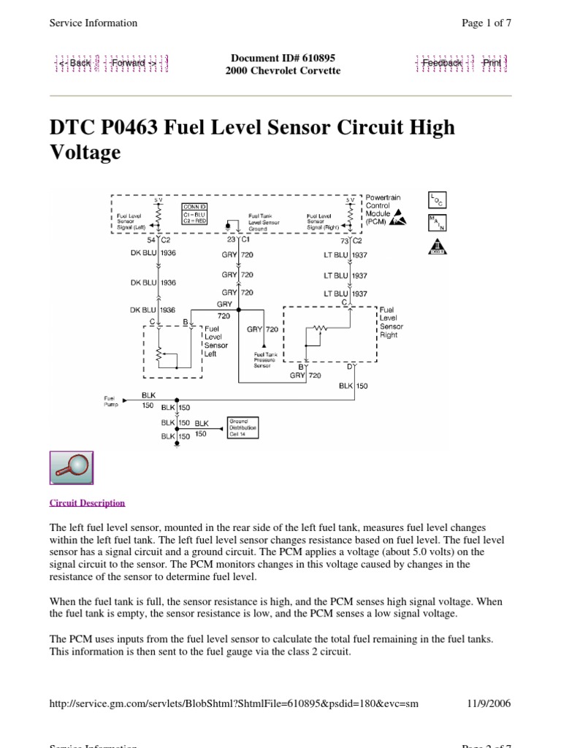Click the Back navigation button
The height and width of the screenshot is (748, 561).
(75, 63)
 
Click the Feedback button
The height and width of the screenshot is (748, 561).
(443, 63)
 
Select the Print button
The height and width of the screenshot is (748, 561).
(492, 63)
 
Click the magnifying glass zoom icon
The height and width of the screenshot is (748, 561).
(71, 467)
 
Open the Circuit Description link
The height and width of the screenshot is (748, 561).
(87, 503)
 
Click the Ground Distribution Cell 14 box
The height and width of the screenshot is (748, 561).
(243, 427)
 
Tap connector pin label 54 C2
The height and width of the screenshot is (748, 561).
(159, 240)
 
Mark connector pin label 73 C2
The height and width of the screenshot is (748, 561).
(351, 240)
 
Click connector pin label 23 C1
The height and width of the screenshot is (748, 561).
(239, 240)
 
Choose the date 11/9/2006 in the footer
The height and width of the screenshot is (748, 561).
(489, 703)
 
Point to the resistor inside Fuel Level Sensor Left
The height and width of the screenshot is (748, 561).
(159, 354)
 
